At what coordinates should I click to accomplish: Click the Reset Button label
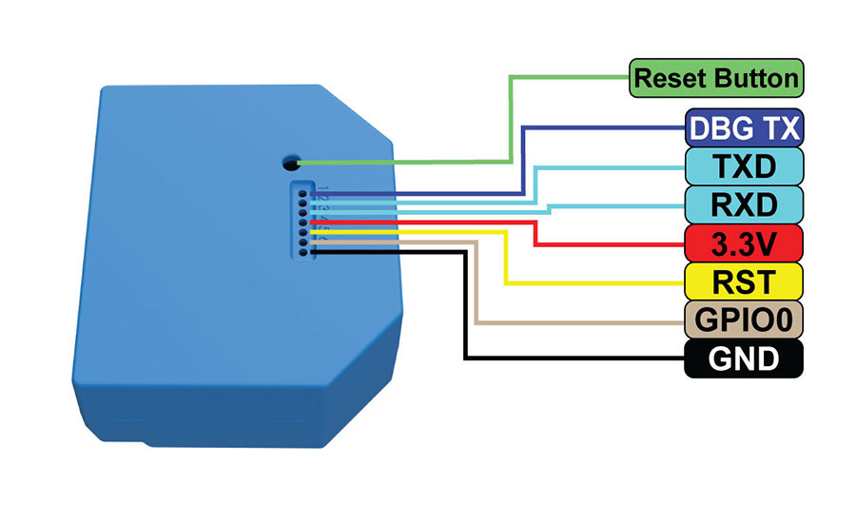tap(716, 78)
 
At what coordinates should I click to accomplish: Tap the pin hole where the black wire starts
tap(303, 251)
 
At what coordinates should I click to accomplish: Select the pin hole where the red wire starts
tap(303, 222)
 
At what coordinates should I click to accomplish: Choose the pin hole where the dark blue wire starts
tap(303, 193)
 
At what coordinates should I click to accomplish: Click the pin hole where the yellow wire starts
tap(303, 232)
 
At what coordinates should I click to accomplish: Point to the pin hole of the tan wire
tap(303, 242)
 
